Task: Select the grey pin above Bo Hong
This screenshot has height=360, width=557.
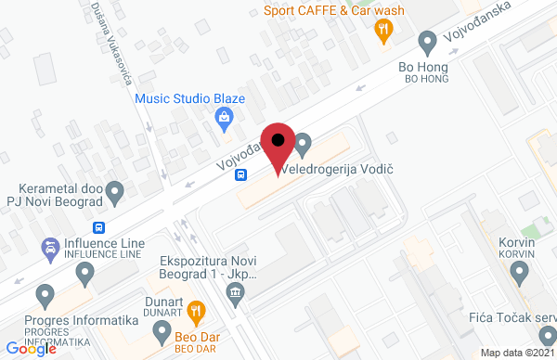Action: coord(428,42)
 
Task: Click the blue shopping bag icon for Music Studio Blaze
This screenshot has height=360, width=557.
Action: coord(223,118)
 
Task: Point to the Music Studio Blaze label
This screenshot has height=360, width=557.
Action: coord(190,97)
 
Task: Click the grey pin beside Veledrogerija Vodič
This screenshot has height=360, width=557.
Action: coord(303,145)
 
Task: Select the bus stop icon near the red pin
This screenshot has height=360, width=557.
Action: coord(240,174)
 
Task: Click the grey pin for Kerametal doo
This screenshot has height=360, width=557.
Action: coord(115,193)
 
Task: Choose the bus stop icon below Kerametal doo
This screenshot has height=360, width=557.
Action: coord(98,226)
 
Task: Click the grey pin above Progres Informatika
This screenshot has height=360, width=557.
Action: coord(44,298)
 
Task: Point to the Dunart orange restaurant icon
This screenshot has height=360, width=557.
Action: coord(195,310)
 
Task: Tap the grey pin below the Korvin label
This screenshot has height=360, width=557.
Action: coord(521,274)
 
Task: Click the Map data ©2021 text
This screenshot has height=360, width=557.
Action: coord(516,353)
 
